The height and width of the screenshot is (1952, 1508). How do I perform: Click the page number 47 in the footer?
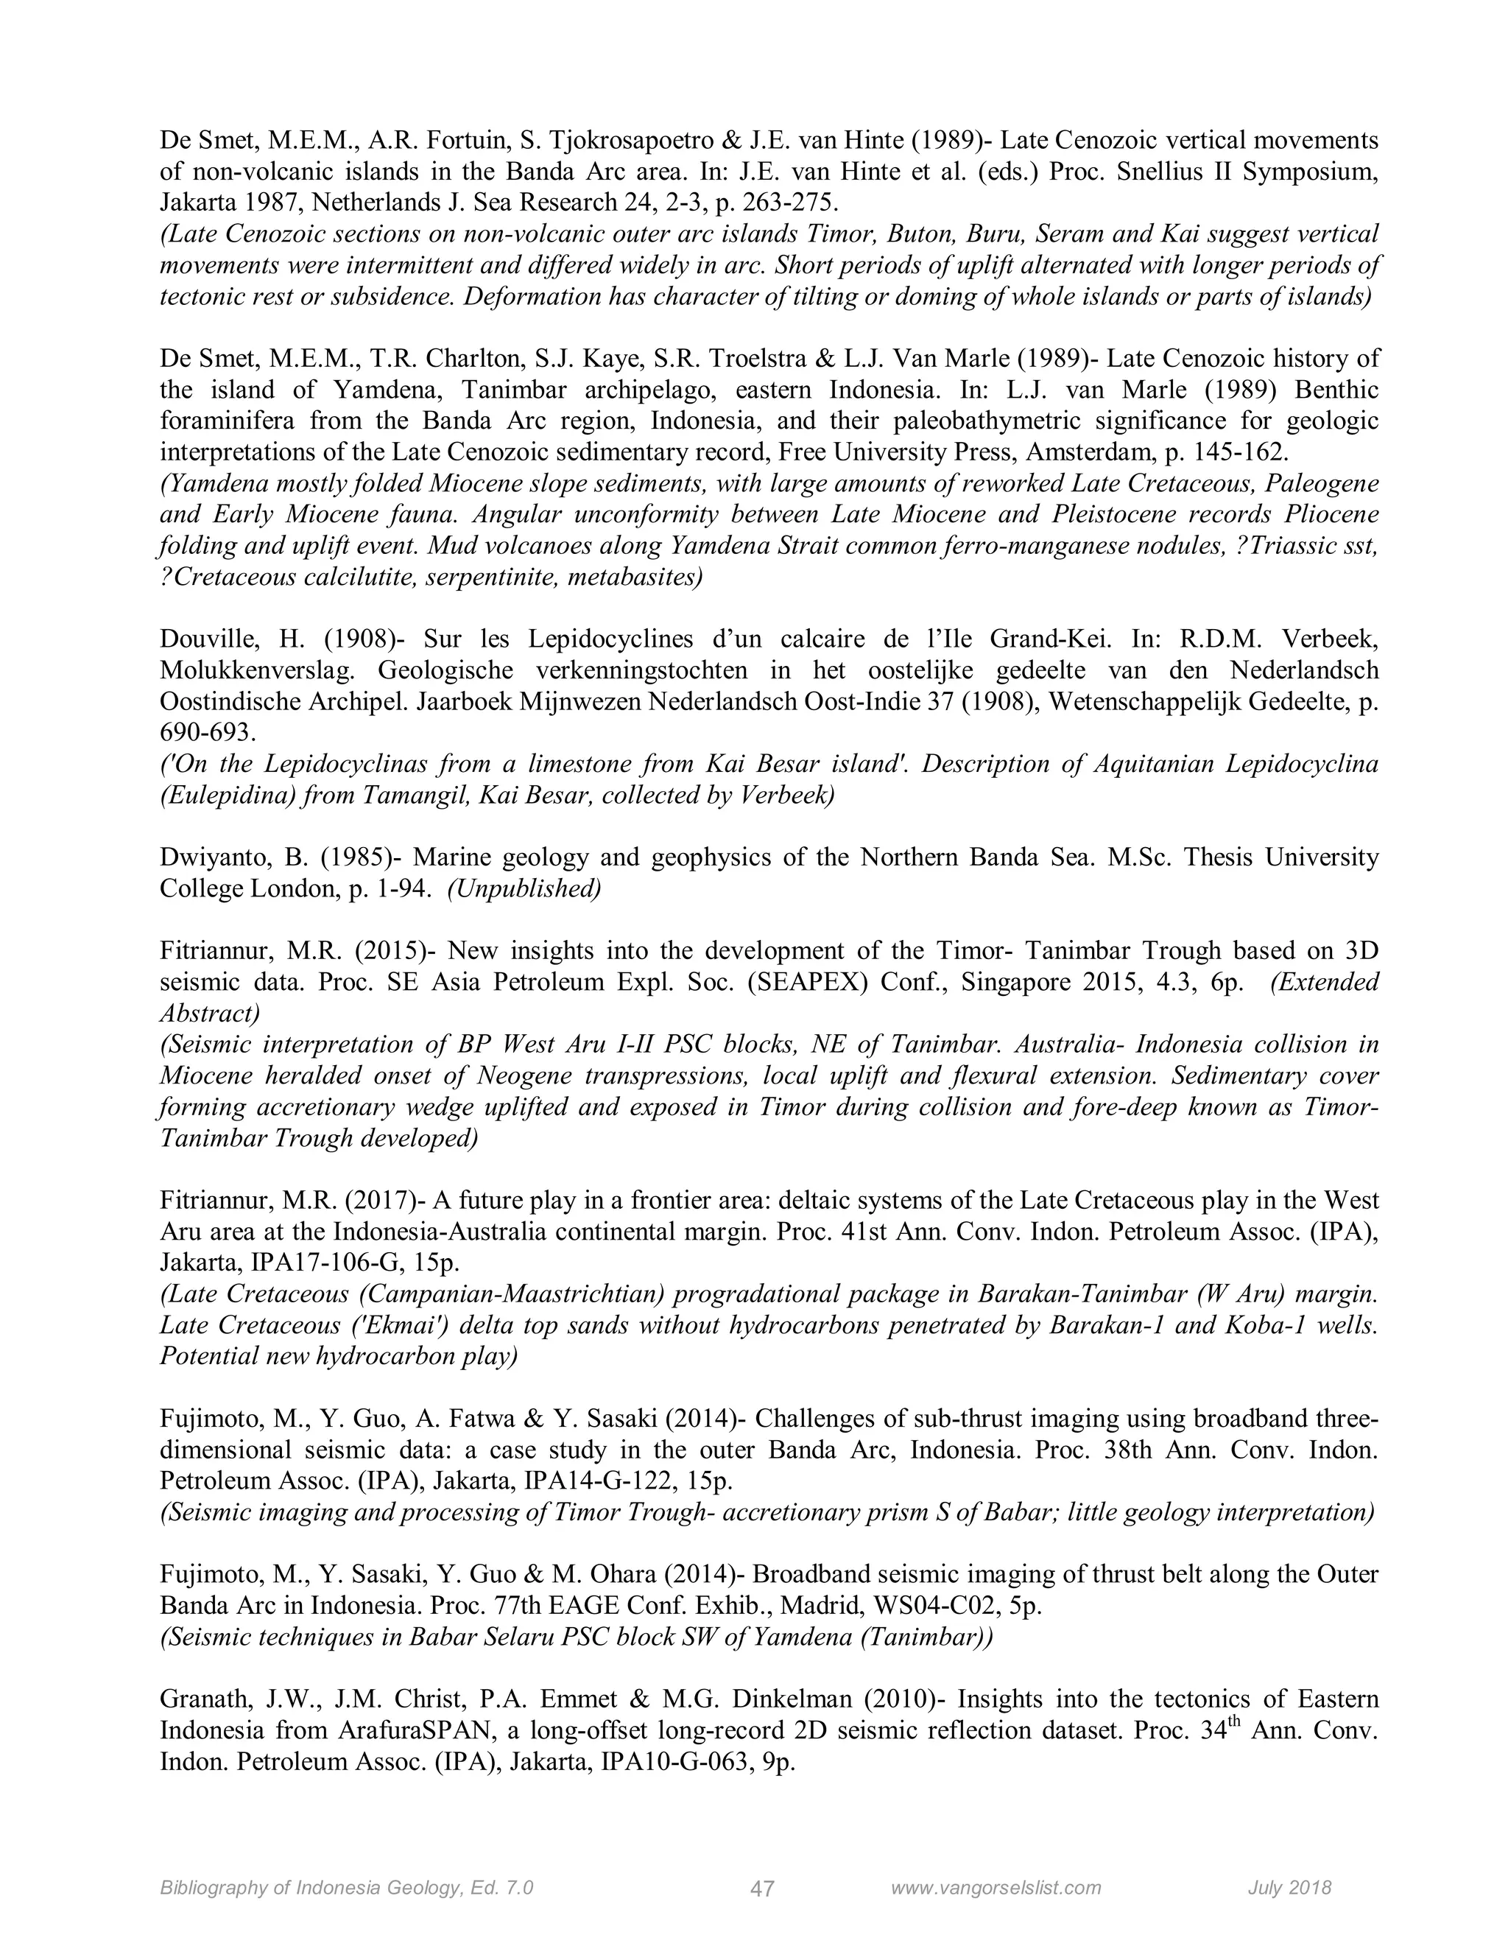tap(762, 1889)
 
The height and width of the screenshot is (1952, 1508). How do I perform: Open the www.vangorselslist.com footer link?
tap(996, 1888)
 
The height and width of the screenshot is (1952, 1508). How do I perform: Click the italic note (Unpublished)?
tap(524, 889)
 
